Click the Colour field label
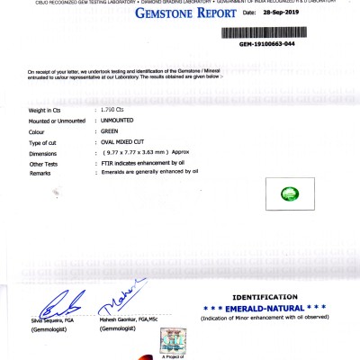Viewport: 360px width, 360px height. coord(40,131)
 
